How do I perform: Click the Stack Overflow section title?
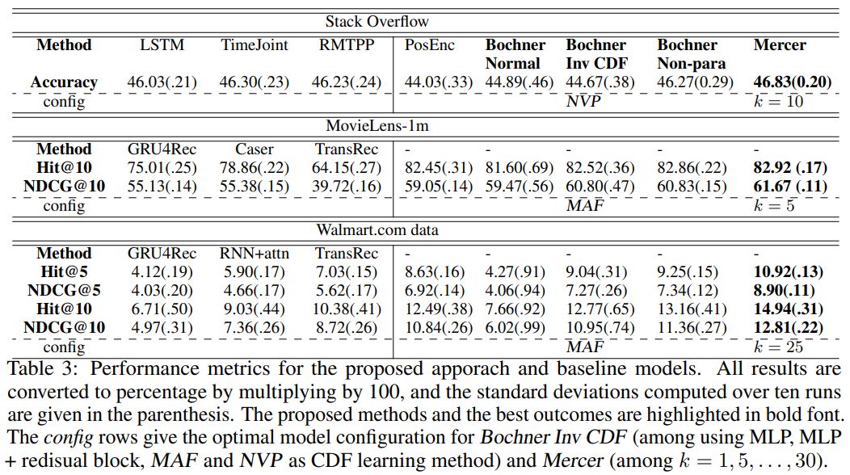click(377, 22)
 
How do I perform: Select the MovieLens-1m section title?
click(377, 126)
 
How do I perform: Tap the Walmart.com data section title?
click(377, 230)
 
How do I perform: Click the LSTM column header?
click(162, 45)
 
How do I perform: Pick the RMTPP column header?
click(347, 45)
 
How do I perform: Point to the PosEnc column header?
click(429, 45)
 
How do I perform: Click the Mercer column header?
click(780, 45)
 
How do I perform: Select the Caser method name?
click(255, 149)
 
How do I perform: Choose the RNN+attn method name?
click(255, 253)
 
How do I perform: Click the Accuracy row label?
click(64, 82)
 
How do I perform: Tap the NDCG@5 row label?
click(64, 290)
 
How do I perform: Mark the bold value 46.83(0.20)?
click(793, 82)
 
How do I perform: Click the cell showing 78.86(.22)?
click(255, 167)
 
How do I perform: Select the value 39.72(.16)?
click(347, 186)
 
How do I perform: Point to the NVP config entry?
click(584, 102)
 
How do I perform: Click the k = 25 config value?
click(778, 347)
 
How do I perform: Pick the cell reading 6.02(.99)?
click(515, 327)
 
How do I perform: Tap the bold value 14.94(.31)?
click(789, 309)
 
